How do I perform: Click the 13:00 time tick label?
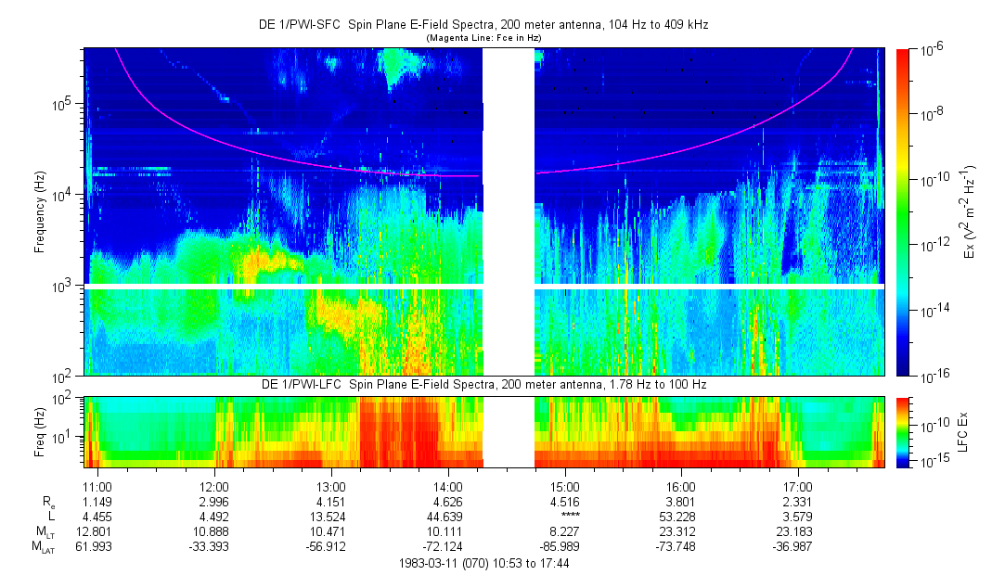click(x=331, y=486)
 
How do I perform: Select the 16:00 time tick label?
click(x=681, y=486)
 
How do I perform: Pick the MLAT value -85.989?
click(x=565, y=547)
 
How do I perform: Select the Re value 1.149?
click(x=97, y=503)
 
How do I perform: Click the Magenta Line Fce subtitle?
click(x=483, y=38)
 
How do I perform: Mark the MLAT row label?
click(x=42, y=548)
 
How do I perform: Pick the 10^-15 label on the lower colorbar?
click(x=931, y=460)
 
